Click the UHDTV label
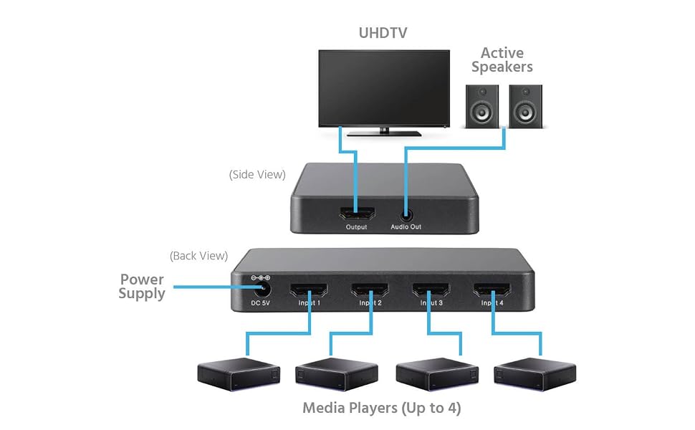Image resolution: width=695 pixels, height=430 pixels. [x=383, y=33]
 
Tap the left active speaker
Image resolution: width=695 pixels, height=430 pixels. [x=481, y=106]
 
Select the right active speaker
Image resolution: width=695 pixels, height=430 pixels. [x=525, y=106]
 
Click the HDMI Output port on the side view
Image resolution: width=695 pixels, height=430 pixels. [x=357, y=214]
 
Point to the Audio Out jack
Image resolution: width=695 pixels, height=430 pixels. [x=406, y=216]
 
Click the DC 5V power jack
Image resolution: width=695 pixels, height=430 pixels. [x=262, y=290]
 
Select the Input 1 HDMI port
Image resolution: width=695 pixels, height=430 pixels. [x=309, y=290]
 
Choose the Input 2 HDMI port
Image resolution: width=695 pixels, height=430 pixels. [x=370, y=290]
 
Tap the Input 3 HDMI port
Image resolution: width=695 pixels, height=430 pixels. [x=431, y=290]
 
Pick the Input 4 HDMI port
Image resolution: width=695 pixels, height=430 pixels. [x=492, y=290]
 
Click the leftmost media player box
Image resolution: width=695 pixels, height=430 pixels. [x=239, y=374]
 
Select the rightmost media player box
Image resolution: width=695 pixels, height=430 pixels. [x=535, y=374]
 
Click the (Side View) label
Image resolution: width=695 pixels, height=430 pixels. [x=257, y=175]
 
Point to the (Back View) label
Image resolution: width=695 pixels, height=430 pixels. [x=198, y=256]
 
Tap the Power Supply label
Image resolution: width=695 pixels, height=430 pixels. [x=142, y=287]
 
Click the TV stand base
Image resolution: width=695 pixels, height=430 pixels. [x=384, y=133]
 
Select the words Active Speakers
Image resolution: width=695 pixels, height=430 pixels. [x=502, y=60]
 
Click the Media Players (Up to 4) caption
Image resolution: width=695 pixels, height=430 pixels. [x=382, y=408]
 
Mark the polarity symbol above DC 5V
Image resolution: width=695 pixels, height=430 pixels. [x=261, y=278]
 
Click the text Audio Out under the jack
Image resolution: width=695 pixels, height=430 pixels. [x=406, y=226]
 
